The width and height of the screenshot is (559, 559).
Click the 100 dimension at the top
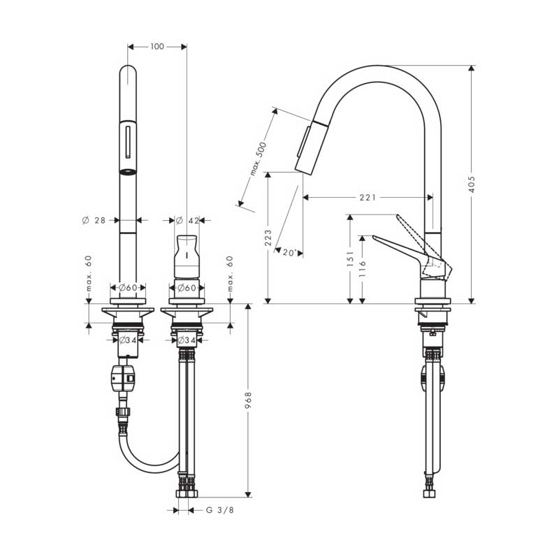tap(157, 47)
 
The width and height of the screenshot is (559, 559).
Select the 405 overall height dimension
tap(471, 184)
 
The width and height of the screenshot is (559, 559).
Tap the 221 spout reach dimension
tap(368, 197)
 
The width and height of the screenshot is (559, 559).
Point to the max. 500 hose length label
tap(258, 159)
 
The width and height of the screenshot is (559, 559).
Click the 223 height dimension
tap(268, 238)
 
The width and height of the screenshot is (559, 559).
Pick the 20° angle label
tap(289, 253)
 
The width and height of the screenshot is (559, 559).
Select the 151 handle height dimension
tap(350, 259)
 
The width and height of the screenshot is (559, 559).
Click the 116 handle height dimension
tap(363, 269)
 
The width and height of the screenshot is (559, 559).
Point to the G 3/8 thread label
tap(220, 510)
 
